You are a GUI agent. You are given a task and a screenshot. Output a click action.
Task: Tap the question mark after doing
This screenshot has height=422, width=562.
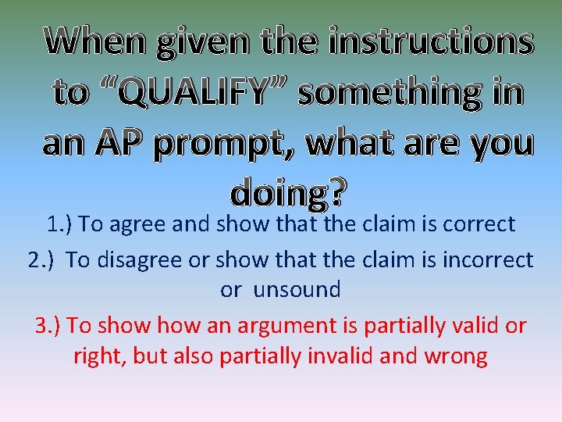pos(337,191)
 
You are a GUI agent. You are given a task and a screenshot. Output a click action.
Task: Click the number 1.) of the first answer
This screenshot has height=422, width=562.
pos(59,225)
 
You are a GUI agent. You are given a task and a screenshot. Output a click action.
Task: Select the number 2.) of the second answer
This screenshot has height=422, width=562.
pos(42,259)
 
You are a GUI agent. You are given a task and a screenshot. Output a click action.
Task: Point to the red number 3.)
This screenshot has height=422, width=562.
pos(50,324)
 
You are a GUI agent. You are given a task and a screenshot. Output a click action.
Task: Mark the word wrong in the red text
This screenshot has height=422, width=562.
pos(454,357)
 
